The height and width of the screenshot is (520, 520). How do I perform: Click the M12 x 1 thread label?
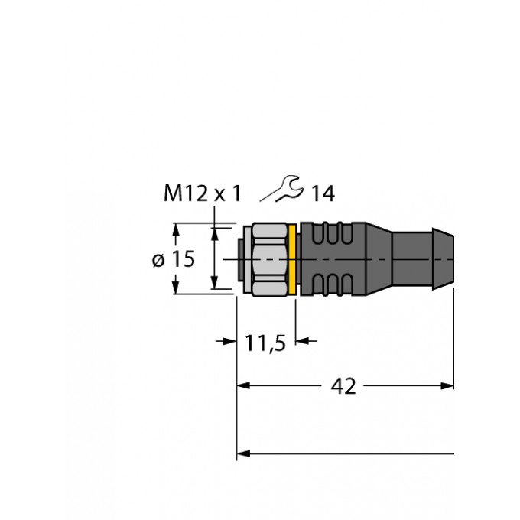tap(203, 193)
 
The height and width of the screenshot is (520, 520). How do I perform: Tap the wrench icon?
tap(282, 189)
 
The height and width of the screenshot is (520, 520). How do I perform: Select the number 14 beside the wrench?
tap(323, 193)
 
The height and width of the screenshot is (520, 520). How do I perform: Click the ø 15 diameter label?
tap(174, 259)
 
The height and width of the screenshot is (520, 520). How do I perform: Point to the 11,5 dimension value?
tap(265, 343)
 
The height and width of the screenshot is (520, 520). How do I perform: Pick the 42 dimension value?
tap(343, 386)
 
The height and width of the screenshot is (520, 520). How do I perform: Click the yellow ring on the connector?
tap(292, 259)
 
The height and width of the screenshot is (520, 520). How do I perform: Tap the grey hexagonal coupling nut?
tap(269, 259)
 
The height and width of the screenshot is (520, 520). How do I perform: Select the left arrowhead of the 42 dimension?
tap(243, 385)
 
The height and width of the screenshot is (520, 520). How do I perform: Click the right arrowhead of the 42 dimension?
tap(447, 385)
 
